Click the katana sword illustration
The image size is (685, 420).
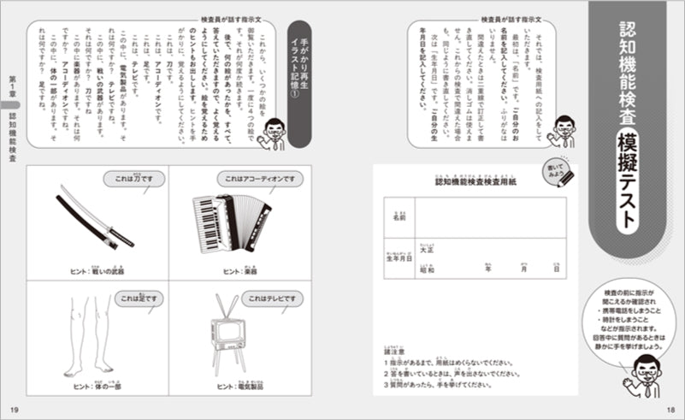(x=94, y=219)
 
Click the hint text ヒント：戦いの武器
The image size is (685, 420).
(x=97, y=271)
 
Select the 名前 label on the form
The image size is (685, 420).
(x=399, y=218)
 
